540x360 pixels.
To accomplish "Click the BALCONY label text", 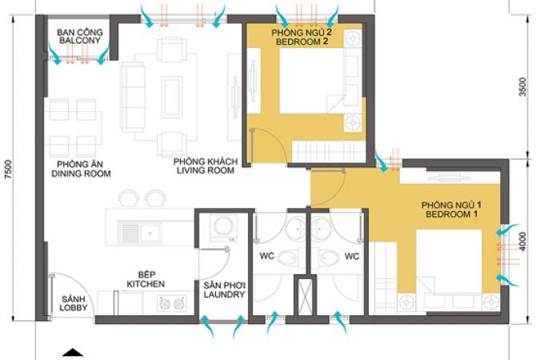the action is (79, 40).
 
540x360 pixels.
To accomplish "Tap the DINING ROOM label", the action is (81, 174).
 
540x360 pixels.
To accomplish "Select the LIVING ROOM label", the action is (206, 170).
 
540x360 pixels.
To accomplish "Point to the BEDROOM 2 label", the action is (302, 42).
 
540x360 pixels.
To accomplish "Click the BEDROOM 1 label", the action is (451, 214).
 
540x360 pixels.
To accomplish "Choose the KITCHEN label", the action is (146, 284).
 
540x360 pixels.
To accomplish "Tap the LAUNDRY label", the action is (224, 294).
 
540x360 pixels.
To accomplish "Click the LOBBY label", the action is (74, 307).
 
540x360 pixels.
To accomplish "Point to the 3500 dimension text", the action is (522, 87).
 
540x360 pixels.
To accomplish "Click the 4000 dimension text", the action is (522, 242).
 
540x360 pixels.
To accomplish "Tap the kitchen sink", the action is (140, 233).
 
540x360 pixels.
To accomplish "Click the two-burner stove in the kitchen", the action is (172, 303).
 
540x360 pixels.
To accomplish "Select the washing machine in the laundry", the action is (224, 228).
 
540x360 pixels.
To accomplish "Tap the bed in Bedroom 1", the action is (449, 262).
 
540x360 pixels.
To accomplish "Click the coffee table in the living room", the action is (172, 97).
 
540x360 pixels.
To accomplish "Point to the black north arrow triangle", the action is (73, 353).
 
